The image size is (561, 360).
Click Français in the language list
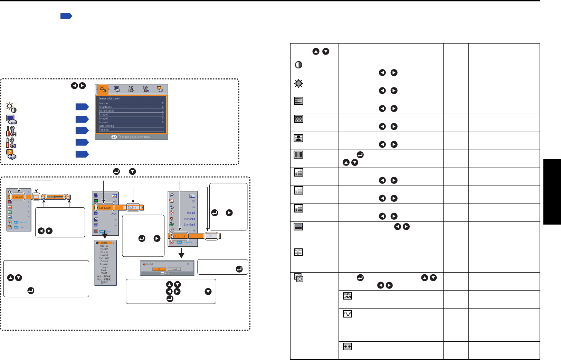tap(104, 246)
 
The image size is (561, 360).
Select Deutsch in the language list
tap(104, 249)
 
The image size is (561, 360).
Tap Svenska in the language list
tap(104, 264)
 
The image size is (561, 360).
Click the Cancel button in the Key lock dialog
tap(174, 269)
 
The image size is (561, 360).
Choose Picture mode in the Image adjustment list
tap(107, 111)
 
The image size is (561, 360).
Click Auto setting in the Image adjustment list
tap(106, 126)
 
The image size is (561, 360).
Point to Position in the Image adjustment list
tap(104, 130)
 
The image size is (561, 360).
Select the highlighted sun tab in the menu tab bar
tap(103, 89)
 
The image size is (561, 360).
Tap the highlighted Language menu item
tap(105, 208)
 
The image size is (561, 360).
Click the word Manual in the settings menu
tap(191, 213)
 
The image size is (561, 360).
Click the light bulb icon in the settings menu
tap(172, 219)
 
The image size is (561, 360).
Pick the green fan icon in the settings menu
tap(172, 225)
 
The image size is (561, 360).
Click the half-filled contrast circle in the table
tap(299, 65)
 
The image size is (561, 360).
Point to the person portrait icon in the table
tap(298, 138)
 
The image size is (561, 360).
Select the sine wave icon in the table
tap(347, 314)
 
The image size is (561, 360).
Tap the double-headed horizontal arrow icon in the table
tap(347, 346)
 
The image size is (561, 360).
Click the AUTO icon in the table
tap(298, 252)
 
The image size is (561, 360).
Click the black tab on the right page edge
tap(552, 192)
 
